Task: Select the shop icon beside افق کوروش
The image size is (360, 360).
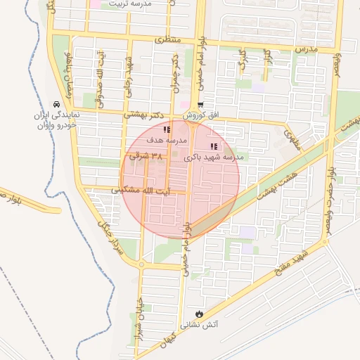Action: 200,104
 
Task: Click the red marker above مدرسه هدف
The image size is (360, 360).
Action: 167,129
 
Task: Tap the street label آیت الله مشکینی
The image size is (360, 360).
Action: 137,191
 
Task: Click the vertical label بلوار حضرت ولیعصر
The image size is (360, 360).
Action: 328,205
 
